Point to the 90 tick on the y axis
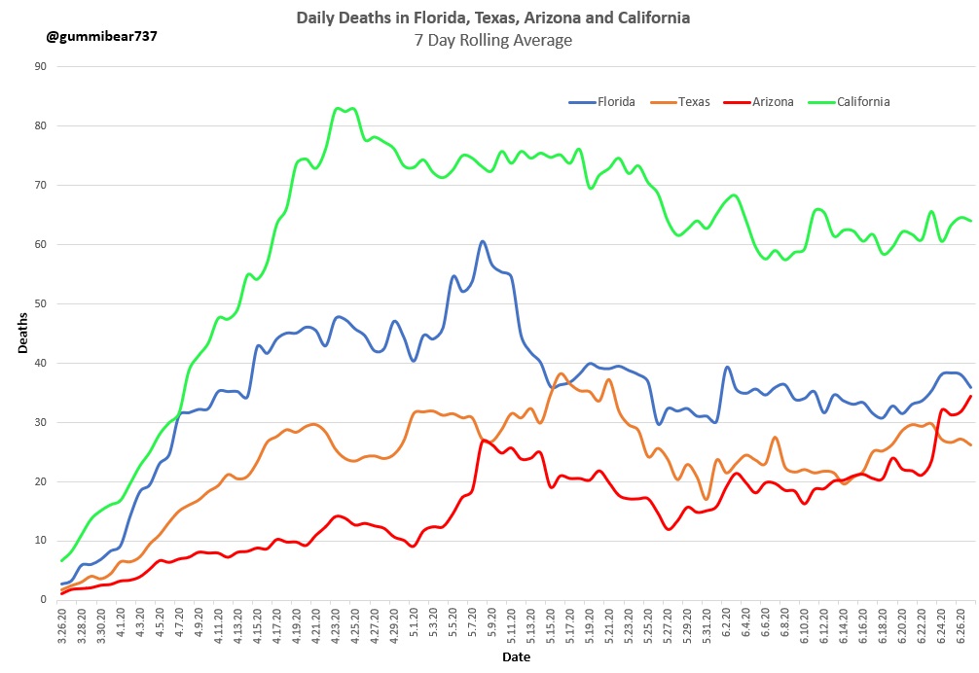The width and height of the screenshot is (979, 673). (x=40, y=67)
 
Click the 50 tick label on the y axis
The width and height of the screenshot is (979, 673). (x=40, y=304)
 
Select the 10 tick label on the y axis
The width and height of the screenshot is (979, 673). (x=40, y=541)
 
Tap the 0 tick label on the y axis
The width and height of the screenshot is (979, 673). (x=43, y=600)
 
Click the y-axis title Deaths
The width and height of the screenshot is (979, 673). (x=22, y=334)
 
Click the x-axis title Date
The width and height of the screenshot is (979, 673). (x=515, y=658)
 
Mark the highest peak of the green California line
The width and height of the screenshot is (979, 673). (x=339, y=108)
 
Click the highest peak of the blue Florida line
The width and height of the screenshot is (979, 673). (x=482, y=241)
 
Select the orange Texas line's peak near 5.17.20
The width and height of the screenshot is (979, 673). (x=561, y=373)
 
